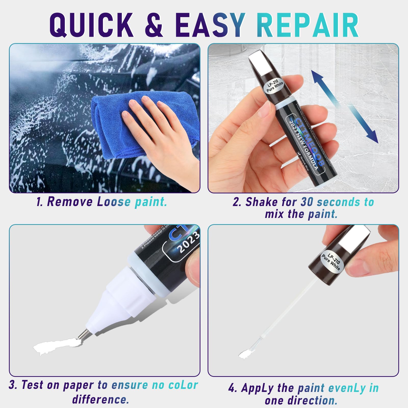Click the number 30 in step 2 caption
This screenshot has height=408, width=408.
point(307,202)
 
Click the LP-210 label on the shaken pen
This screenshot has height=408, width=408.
point(275,85)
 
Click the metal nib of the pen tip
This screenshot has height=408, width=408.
point(82,334)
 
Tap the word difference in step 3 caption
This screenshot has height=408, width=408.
point(100,399)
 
